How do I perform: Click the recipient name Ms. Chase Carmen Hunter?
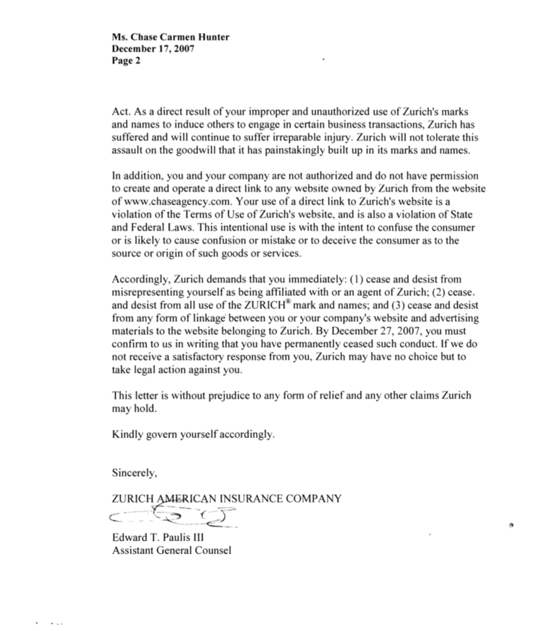tap(165, 37)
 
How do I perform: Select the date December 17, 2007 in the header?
tap(153, 49)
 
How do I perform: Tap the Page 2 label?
tap(127, 61)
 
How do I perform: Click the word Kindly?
tap(127, 435)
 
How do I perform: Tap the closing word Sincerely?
tap(135, 473)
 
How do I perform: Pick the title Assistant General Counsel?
tap(171, 551)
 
